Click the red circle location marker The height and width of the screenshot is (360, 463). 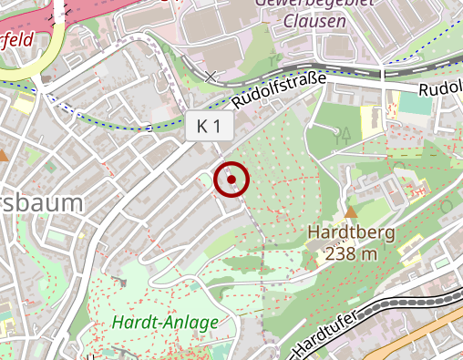231,180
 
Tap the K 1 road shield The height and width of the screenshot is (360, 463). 208,127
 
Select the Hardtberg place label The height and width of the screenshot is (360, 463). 351,231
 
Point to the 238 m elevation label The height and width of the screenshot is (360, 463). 351,253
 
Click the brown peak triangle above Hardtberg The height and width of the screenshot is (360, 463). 351,211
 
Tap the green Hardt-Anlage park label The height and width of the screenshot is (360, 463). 166,322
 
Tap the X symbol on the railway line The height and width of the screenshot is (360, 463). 211,76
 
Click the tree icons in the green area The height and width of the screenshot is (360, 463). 345,137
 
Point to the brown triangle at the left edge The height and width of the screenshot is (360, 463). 4,156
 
